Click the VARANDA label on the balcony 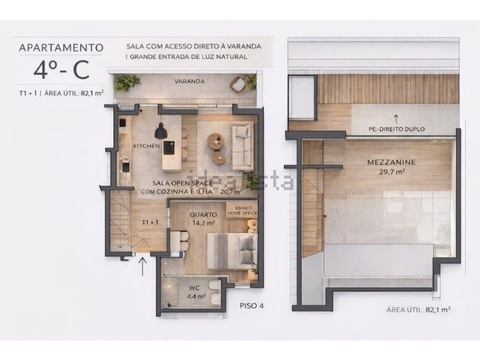189,81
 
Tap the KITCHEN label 146,146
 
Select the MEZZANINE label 391,162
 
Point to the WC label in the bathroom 194,288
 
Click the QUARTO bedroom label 203,215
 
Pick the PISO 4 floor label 252,306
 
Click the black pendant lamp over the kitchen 161,131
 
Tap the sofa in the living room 243,147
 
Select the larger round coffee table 216,142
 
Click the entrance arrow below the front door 143,267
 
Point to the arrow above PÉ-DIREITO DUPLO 396,119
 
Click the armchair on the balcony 238,85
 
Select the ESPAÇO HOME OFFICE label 242,211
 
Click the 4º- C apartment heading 61,70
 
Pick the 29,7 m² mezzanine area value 391,172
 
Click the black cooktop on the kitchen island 169,147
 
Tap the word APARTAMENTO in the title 61,48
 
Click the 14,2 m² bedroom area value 204,223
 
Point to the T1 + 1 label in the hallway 150,222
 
